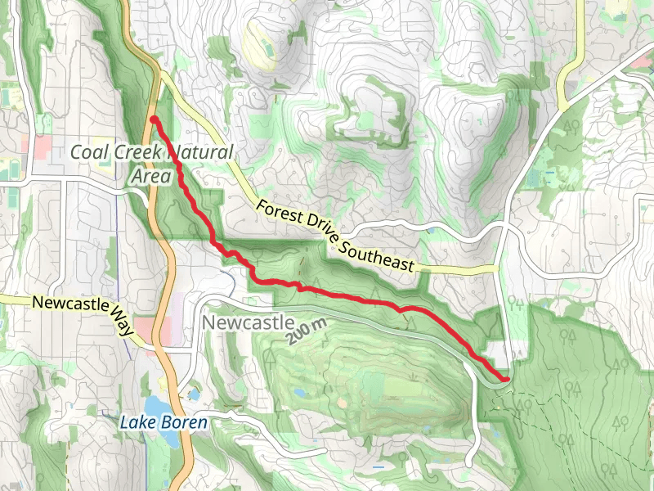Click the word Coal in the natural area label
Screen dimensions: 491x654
tap(89, 152)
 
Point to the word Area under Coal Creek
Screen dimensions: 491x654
tap(150, 176)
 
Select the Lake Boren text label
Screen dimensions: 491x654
tap(163, 423)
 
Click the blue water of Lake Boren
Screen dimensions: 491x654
tap(155, 406)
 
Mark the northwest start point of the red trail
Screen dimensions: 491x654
tap(154, 120)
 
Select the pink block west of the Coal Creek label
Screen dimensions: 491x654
tap(36, 148)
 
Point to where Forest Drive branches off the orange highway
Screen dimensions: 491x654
tap(160, 74)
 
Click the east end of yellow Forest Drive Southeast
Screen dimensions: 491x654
tap(495, 268)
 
